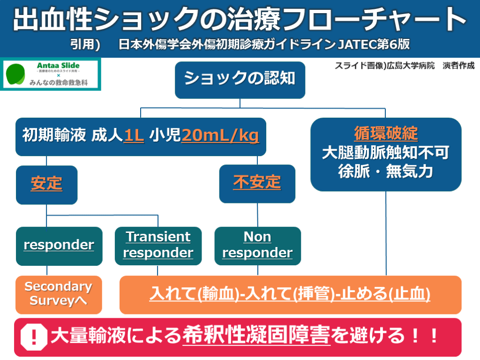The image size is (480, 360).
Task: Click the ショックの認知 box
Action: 240,79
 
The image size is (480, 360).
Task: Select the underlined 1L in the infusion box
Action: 134,136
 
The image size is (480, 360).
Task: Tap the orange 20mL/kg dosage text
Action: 220,136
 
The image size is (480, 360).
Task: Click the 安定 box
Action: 46,184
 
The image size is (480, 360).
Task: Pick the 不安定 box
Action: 257,183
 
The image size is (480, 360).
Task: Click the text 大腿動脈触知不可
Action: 386,153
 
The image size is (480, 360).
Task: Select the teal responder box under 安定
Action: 59,245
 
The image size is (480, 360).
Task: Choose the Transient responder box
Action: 158,245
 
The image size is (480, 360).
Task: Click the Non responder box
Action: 257,245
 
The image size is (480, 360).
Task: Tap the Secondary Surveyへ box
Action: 59,294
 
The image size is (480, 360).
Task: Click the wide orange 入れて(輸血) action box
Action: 290,294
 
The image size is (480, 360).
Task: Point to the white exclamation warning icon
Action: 35,336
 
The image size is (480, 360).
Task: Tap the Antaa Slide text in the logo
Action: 58,66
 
